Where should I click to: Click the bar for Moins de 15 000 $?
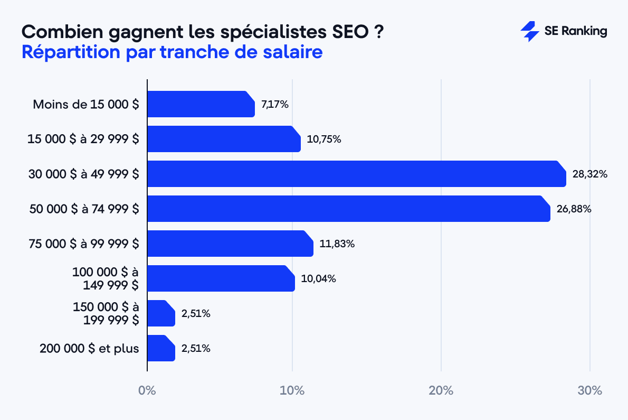[201, 104]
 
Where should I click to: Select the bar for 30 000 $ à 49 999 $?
[356, 174]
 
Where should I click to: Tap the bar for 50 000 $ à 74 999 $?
[348, 209]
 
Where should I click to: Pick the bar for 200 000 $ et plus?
[161, 348]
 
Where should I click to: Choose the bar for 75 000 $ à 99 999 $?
[230, 244]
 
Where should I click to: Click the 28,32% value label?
[590, 174]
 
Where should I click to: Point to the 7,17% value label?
[275, 105]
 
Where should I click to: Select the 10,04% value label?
[318, 278]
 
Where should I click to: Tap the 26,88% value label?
[574, 209]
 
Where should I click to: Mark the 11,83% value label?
[337, 244]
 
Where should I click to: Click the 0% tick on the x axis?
[147, 391]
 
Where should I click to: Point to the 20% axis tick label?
[441, 391]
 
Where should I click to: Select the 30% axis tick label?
[589, 391]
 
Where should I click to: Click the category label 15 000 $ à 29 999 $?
[83, 139]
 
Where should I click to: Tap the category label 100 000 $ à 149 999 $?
[106, 278]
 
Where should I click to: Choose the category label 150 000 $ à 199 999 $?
[106, 313]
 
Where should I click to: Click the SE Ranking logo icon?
[529, 32]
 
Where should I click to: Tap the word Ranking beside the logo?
[584, 32]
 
